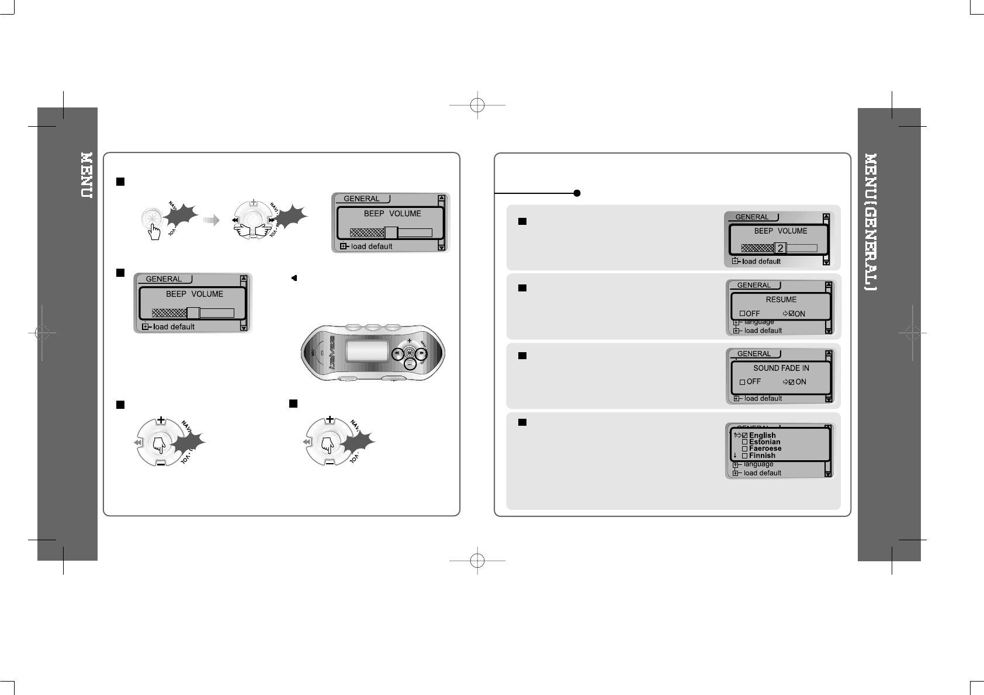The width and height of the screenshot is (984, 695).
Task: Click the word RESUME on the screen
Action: [x=781, y=300]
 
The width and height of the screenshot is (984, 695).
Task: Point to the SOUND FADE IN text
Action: [x=781, y=368]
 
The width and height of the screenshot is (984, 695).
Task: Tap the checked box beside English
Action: [x=744, y=436]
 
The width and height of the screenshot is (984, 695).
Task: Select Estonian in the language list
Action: [x=764, y=442]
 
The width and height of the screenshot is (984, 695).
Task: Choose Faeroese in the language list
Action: [x=765, y=449]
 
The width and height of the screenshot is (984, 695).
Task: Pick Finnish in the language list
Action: [x=762, y=456]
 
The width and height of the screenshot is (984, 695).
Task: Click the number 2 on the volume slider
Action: [x=781, y=248]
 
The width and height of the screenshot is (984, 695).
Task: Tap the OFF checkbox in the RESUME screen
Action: [x=743, y=314]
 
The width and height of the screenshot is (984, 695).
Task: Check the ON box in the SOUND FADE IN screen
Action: [x=792, y=382]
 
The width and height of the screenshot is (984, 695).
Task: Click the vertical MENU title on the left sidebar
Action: [x=86, y=175]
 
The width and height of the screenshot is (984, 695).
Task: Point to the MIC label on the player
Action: [x=314, y=353]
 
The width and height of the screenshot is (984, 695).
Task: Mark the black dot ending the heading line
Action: [x=577, y=193]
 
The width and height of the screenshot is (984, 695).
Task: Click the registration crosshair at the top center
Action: [x=477, y=105]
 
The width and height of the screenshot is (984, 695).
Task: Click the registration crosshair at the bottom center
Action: [x=477, y=560]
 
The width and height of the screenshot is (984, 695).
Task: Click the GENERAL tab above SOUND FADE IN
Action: [x=754, y=353]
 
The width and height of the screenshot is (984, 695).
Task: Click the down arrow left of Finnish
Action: [x=734, y=456]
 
